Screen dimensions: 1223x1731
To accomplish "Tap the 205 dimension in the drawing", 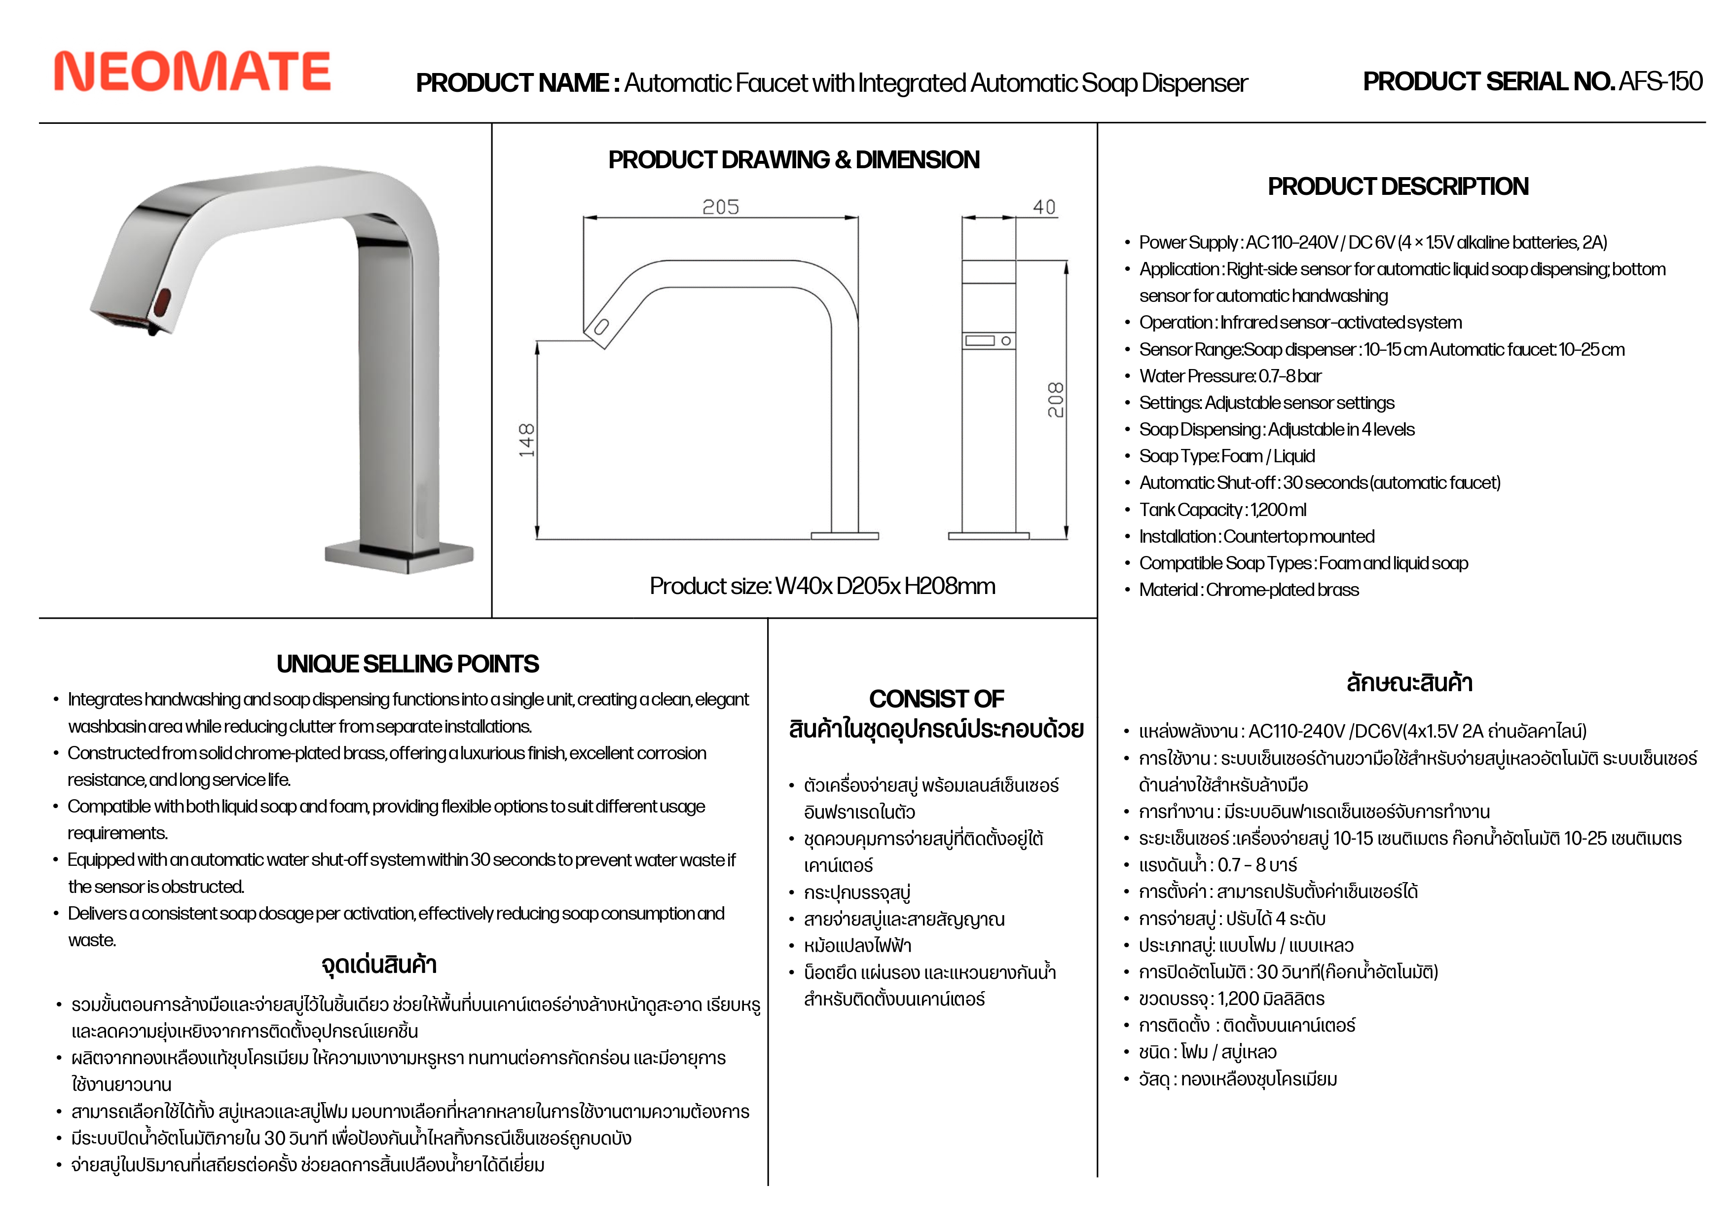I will click(x=720, y=207).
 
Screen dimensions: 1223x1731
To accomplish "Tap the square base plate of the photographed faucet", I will click(x=400, y=556).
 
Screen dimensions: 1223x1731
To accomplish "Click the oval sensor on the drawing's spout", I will click(x=601, y=327).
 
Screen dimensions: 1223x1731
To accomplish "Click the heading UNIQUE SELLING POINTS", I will click(x=407, y=664).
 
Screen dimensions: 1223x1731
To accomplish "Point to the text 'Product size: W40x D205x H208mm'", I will click(x=822, y=586).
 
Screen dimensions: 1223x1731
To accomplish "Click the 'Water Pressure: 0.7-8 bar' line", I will click(x=1230, y=376).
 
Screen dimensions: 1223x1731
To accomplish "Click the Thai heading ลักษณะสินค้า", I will click(x=1409, y=683).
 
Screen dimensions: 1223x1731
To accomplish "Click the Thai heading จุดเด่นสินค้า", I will click(x=378, y=964).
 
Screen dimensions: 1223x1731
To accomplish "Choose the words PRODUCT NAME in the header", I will click(x=512, y=83).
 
